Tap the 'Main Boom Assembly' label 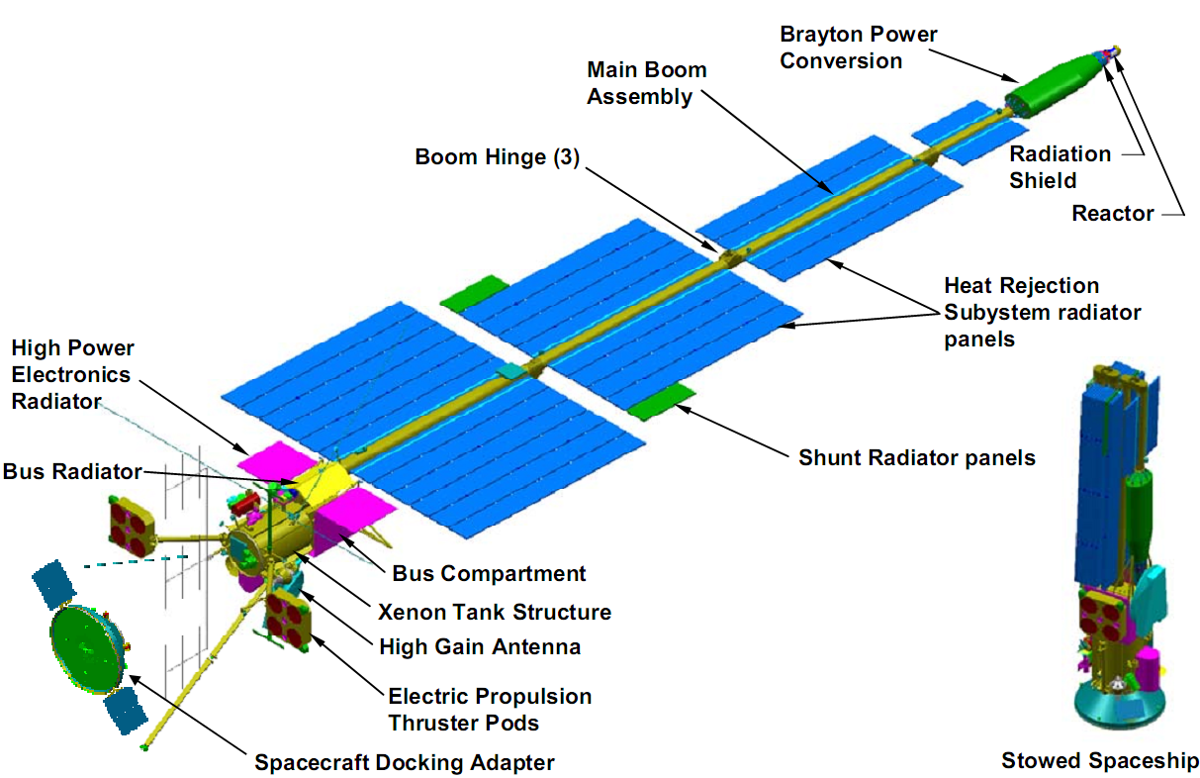(x=647, y=83)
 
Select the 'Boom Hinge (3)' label (x=497, y=157)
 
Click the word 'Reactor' (x=1113, y=213)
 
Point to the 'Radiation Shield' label (x=1060, y=167)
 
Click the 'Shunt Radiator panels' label (x=917, y=457)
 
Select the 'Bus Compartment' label (x=489, y=573)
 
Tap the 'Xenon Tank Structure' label (x=495, y=611)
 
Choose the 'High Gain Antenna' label (x=480, y=646)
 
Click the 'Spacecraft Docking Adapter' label (x=405, y=762)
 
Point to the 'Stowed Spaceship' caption (x=1100, y=760)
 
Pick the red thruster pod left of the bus (x=131, y=524)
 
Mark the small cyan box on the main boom (x=507, y=370)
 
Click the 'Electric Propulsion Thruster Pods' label (x=490, y=709)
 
